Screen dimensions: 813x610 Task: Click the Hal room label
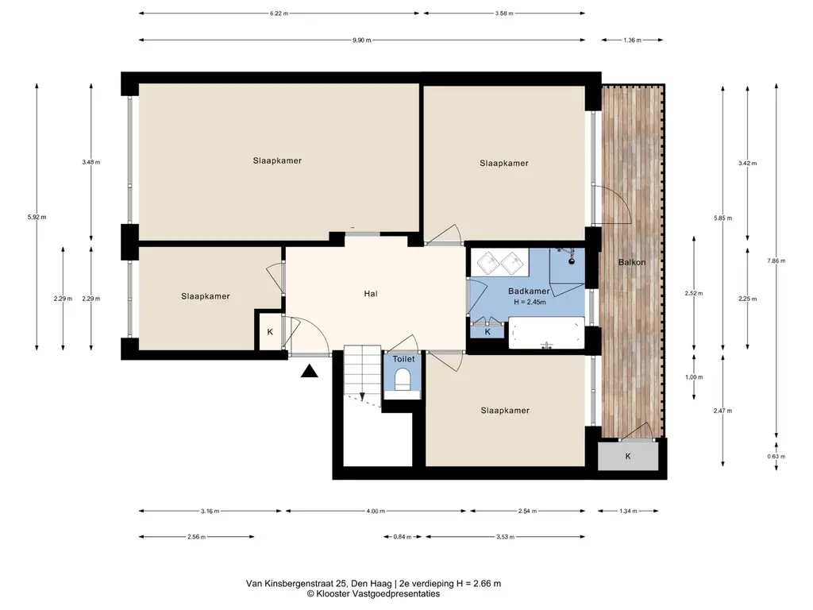[x=370, y=294]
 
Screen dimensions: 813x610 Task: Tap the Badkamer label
[x=528, y=291]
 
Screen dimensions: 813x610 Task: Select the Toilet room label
[x=403, y=359]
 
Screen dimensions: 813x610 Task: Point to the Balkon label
[x=631, y=262]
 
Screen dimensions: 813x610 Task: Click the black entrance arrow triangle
[x=310, y=371]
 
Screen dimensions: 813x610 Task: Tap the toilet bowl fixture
[x=403, y=379]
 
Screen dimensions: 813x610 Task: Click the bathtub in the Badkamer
[x=546, y=332]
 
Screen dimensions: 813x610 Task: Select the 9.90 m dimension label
[x=361, y=40]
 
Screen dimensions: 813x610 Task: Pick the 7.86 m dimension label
[x=776, y=261]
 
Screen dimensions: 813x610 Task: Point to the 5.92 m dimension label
[x=37, y=218]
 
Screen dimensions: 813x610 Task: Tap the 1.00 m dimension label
[x=694, y=377]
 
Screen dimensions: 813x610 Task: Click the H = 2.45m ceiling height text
[x=530, y=302]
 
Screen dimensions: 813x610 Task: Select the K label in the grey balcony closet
[x=628, y=457]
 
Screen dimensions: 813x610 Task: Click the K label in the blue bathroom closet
[x=487, y=332]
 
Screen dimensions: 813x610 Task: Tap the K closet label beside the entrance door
[x=270, y=332]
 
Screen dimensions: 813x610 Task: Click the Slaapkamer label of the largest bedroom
[x=277, y=160]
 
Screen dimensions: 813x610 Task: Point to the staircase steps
[x=362, y=371]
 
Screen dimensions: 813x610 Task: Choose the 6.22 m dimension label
[x=279, y=14]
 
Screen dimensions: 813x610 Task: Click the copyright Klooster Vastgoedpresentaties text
[x=373, y=594]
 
